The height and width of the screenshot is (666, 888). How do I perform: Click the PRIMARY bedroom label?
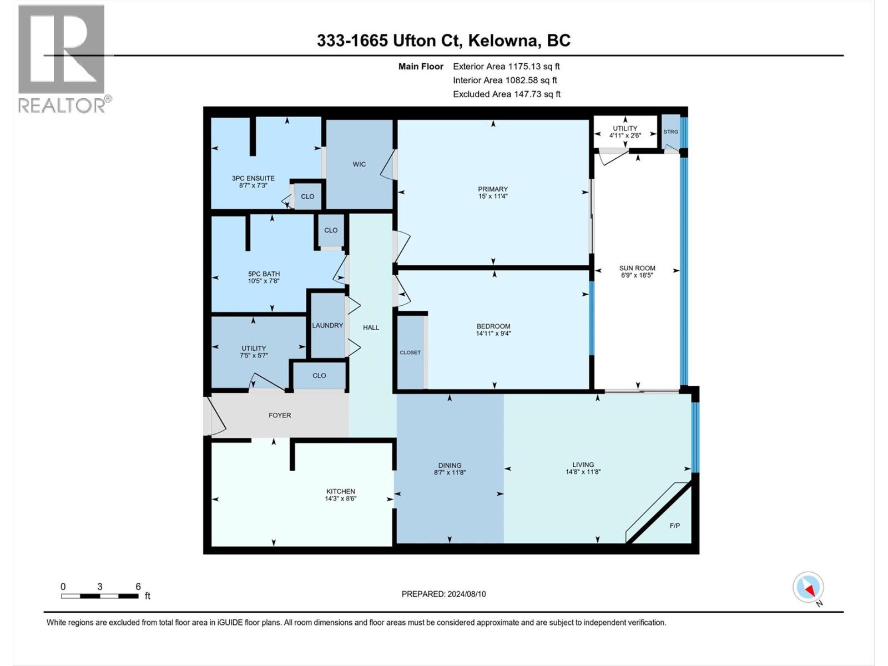click(493, 189)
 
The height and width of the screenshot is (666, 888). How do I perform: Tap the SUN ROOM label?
click(637, 268)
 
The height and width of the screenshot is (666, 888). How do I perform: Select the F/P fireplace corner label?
click(674, 526)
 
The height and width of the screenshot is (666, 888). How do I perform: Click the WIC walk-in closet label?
click(359, 164)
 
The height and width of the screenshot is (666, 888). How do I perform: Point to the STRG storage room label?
click(670, 132)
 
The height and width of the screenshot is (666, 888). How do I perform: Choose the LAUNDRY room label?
click(327, 325)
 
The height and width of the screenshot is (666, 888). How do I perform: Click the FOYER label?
click(280, 415)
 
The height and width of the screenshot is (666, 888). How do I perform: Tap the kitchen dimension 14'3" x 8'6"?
click(340, 499)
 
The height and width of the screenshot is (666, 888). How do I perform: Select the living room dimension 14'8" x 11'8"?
click(583, 472)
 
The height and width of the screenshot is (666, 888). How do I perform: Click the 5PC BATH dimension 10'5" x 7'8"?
click(264, 281)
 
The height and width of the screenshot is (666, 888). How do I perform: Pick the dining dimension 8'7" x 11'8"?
click(449, 473)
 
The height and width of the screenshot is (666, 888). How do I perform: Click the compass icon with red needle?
click(808, 587)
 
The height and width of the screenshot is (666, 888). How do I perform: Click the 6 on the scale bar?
click(138, 587)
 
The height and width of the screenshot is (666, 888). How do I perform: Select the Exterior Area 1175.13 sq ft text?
click(506, 67)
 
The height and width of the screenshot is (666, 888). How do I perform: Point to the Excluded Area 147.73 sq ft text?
click(506, 94)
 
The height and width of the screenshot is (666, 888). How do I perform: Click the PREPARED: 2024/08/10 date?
click(443, 594)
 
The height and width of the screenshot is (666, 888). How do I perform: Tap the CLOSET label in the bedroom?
click(410, 352)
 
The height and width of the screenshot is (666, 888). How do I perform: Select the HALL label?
click(371, 327)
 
